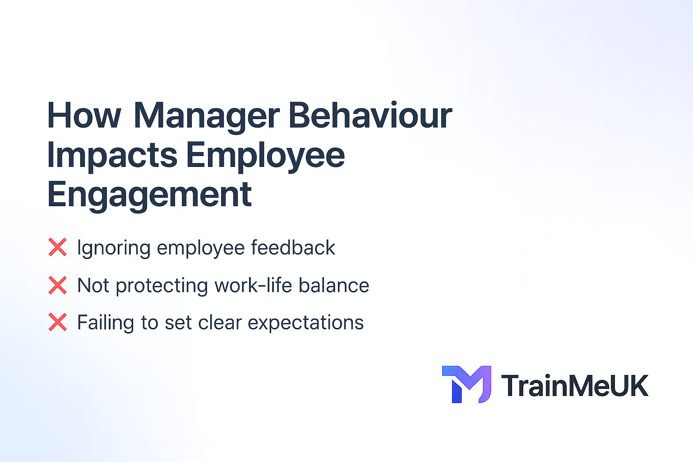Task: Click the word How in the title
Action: tap(84, 115)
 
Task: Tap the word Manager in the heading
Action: tap(207, 115)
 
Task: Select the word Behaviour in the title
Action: tap(370, 115)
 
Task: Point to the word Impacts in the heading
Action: tap(112, 155)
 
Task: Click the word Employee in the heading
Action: tap(265, 155)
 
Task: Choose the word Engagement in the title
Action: tap(149, 195)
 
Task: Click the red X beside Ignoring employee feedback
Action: tap(58, 248)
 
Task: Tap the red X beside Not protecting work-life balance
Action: tap(58, 286)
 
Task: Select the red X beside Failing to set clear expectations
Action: tap(58, 323)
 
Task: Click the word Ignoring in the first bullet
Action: tap(114, 248)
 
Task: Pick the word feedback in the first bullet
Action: tap(293, 248)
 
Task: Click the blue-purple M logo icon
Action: tap(467, 384)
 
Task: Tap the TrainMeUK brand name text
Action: tap(575, 386)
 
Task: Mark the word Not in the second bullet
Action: tap(93, 286)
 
